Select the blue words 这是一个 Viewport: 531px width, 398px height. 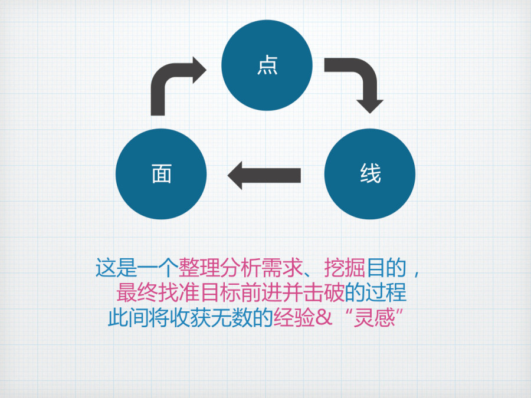click(x=137, y=269)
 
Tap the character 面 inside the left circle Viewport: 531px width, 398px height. click(x=161, y=174)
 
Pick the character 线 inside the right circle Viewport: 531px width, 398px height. click(x=370, y=174)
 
